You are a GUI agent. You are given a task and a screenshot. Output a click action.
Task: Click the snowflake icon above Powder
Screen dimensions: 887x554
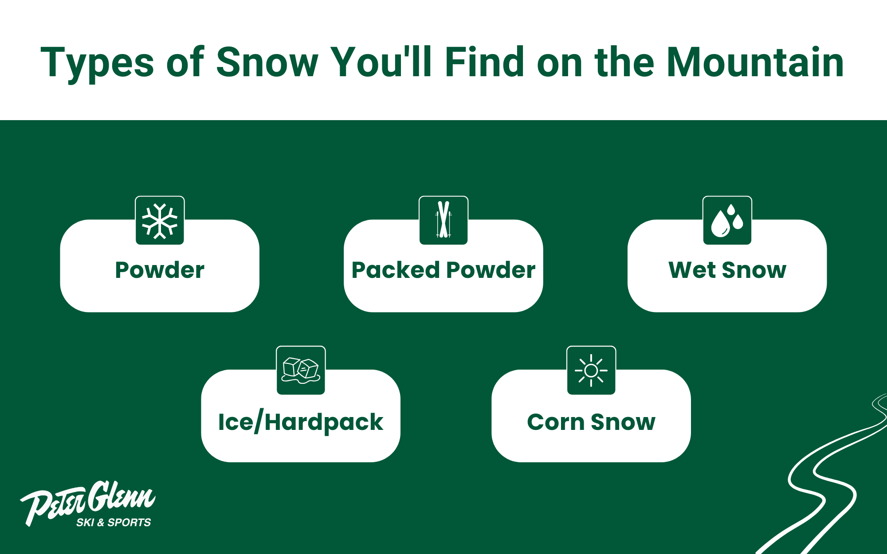pos(160,221)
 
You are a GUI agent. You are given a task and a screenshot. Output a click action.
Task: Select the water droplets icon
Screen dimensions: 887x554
pos(727,221)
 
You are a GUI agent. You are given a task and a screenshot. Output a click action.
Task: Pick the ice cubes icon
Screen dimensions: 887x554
pos(301,371)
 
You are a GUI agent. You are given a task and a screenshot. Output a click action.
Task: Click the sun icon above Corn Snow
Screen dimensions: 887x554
pos(591,371)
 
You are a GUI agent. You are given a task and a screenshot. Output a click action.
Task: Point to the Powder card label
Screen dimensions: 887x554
pos(160,270)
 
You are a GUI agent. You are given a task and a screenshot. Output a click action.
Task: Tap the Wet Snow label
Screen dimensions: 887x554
pos(727,270)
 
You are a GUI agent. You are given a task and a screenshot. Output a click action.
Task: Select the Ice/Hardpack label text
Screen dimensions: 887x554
pos(301,422)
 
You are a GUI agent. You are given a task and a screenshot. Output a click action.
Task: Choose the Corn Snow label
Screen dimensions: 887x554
pos(591,422)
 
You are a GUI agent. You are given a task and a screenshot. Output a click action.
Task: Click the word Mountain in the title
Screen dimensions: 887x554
pos(755,63)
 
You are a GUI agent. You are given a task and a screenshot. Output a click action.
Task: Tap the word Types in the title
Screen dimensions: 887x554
pos(98,64)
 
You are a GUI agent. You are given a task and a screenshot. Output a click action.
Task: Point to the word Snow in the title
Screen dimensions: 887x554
pos(267,63)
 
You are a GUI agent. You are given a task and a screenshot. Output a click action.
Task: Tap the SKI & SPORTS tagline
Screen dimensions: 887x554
pos(114,523)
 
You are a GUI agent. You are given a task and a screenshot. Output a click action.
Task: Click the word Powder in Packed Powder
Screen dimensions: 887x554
pos(491,270)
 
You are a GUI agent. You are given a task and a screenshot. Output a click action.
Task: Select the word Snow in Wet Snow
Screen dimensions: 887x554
pos(754,270)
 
